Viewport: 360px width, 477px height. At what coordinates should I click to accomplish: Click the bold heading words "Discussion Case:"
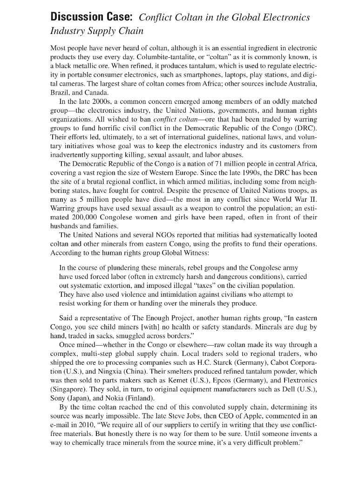click(92, 17)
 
